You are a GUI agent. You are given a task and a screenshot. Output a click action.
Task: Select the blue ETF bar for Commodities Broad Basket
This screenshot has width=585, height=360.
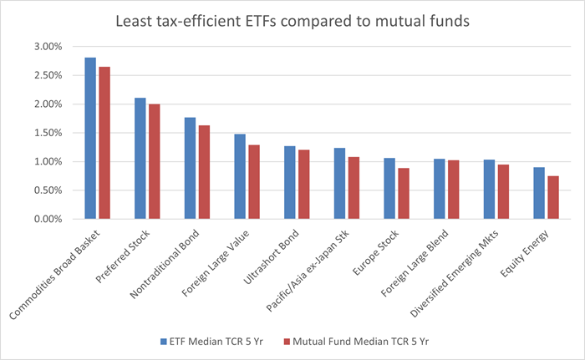[90, 138]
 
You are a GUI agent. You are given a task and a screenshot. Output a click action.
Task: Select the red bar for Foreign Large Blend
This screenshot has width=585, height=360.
[453, 190]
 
